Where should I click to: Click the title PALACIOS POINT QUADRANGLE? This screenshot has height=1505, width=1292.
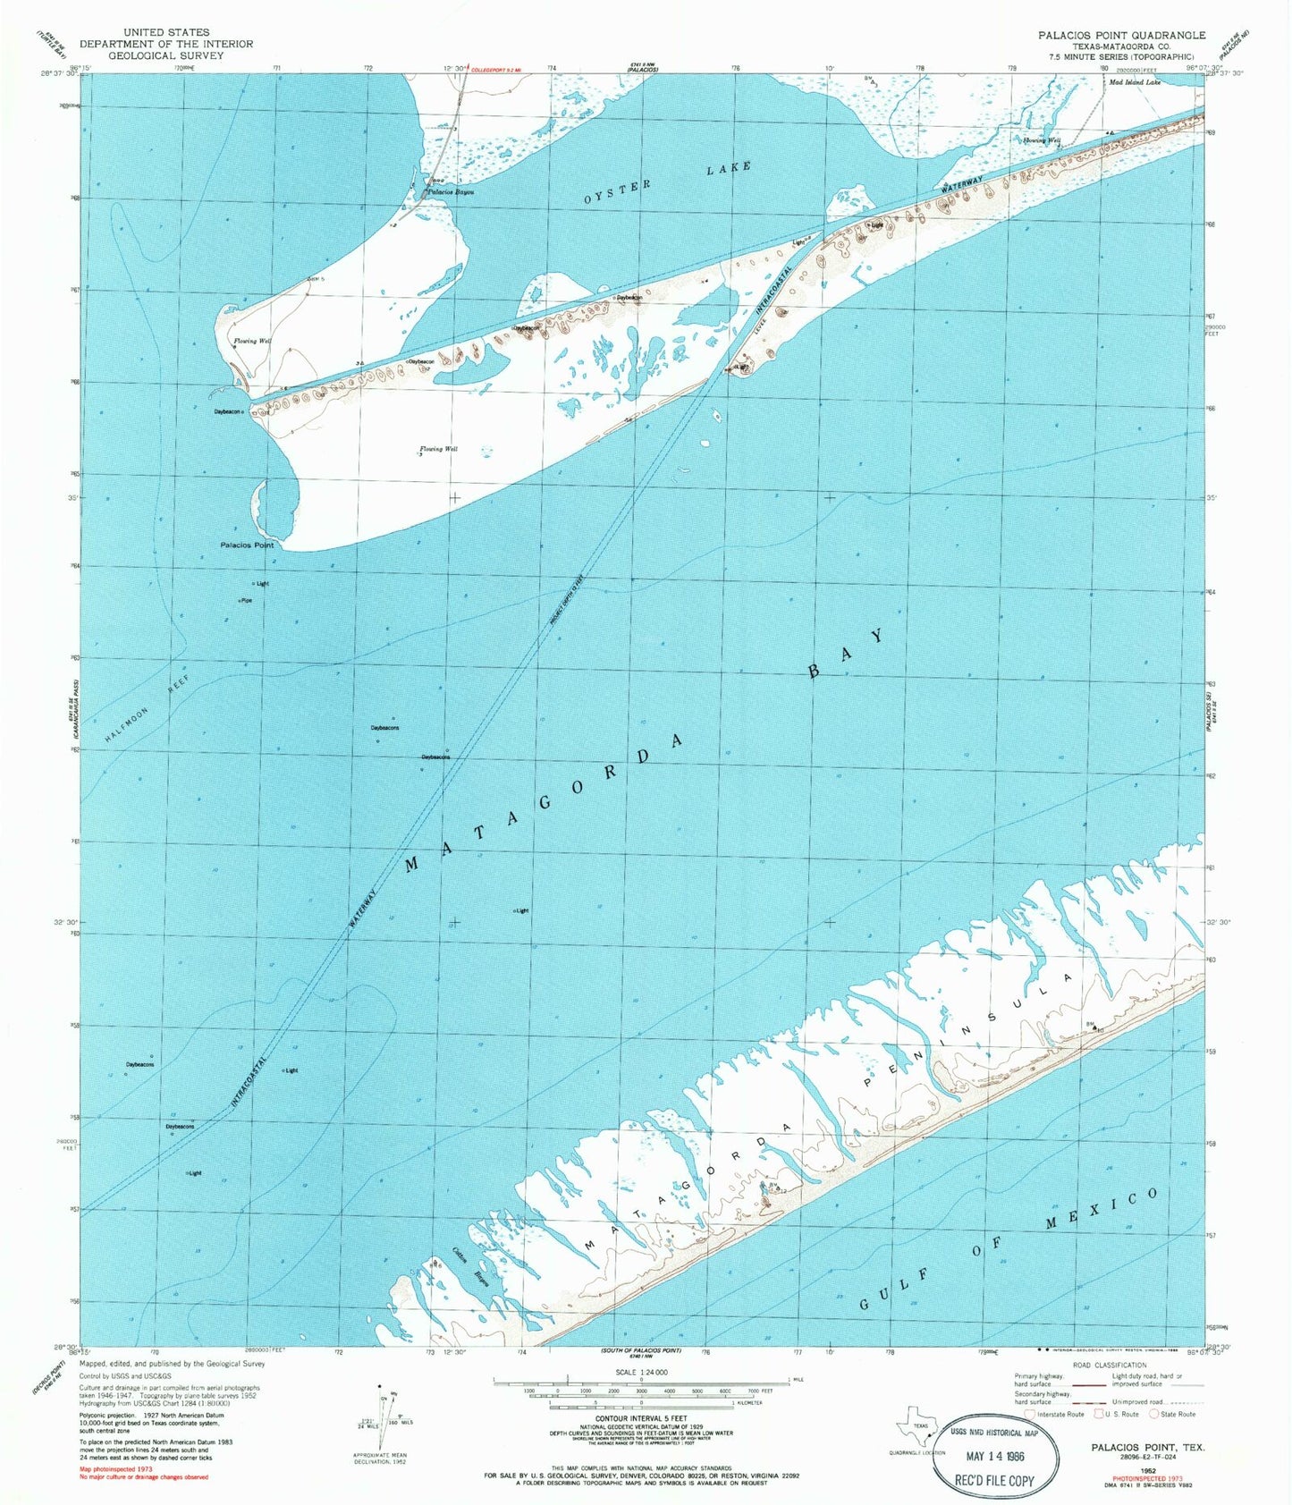tap(1121, 35)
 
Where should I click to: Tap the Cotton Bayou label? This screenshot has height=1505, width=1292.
tap(473, 1264)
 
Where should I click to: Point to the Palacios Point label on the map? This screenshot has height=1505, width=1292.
tap(247, 545)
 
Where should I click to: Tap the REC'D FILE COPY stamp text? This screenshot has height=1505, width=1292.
tap(996, 1480)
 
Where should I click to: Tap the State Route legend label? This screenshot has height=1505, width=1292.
tap(1178, 1414)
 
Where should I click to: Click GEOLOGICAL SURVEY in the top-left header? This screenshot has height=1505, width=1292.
tap(165, 55)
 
